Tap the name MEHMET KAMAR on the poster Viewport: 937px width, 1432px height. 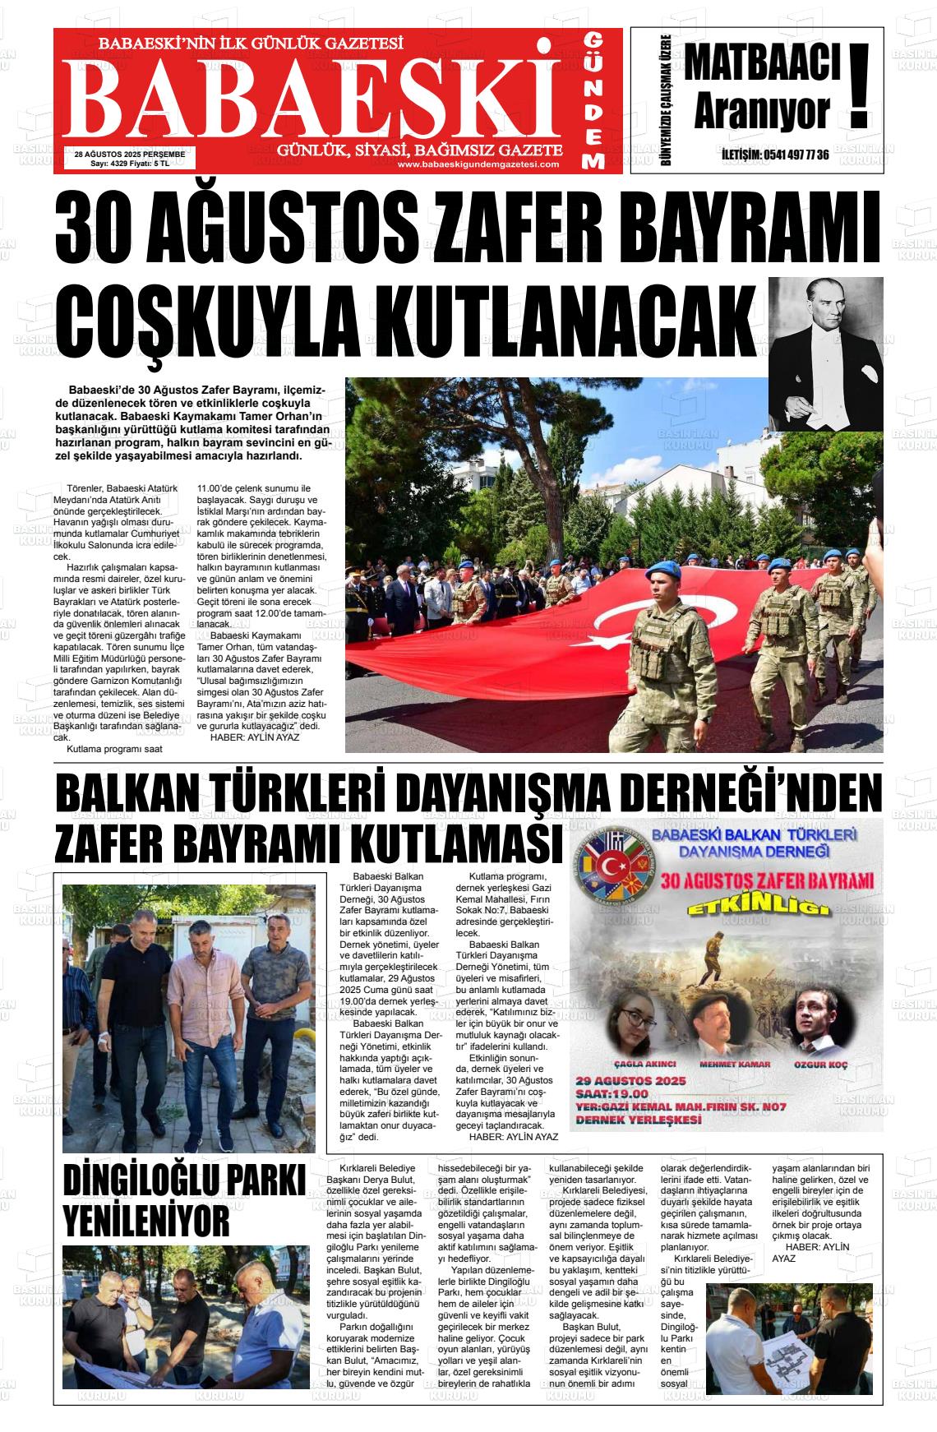point(734,1064)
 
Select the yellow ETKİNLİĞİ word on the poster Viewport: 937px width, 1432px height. point(756,908)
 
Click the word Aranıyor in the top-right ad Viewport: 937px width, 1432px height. point(760,113)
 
